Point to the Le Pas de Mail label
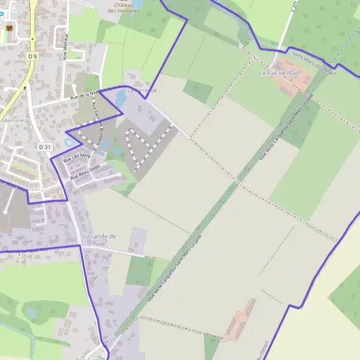tap(278, 73)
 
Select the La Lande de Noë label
tap(99, 240)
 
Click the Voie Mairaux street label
tap(65, 46)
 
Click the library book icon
tap(9, 28)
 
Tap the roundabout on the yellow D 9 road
tap(32, 39)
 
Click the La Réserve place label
tap(142, 90)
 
